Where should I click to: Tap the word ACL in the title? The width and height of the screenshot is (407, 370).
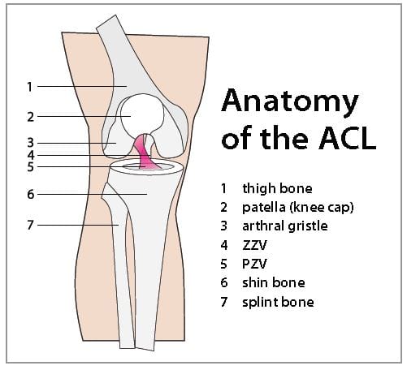[x=348, y=139]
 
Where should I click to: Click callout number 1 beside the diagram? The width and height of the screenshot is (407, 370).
[x=30, y=87]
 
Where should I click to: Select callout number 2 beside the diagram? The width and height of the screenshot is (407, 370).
[x=31, y=117]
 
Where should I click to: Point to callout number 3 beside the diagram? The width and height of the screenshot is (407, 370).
[x=31, y=143]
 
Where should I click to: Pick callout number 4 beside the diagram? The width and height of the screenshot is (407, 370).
[x=31, y=155]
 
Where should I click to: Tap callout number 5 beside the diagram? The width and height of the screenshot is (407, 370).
[x=31, y=167]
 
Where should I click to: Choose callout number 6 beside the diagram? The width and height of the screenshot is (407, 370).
[x=31, y=194]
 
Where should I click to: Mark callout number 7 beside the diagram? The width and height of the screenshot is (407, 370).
[x=30, y=225]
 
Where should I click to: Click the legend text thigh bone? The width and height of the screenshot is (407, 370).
[x=277, y=188]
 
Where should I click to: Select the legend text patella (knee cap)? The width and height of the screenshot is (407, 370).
[x=298, y=208]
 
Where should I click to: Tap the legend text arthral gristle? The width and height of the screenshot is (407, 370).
[x=285, y=226]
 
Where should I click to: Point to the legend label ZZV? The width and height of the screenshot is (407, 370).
[x=254, y=245]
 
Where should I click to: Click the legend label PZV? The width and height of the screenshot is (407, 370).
[x=254, y=264]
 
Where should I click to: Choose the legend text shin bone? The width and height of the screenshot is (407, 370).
[x=274, y=282]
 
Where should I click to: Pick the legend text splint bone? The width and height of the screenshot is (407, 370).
[x=278, y=302]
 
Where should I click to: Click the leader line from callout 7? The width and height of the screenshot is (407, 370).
[x=78, y=225]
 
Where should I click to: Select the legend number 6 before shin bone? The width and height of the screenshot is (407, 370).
[x=224, y=282]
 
